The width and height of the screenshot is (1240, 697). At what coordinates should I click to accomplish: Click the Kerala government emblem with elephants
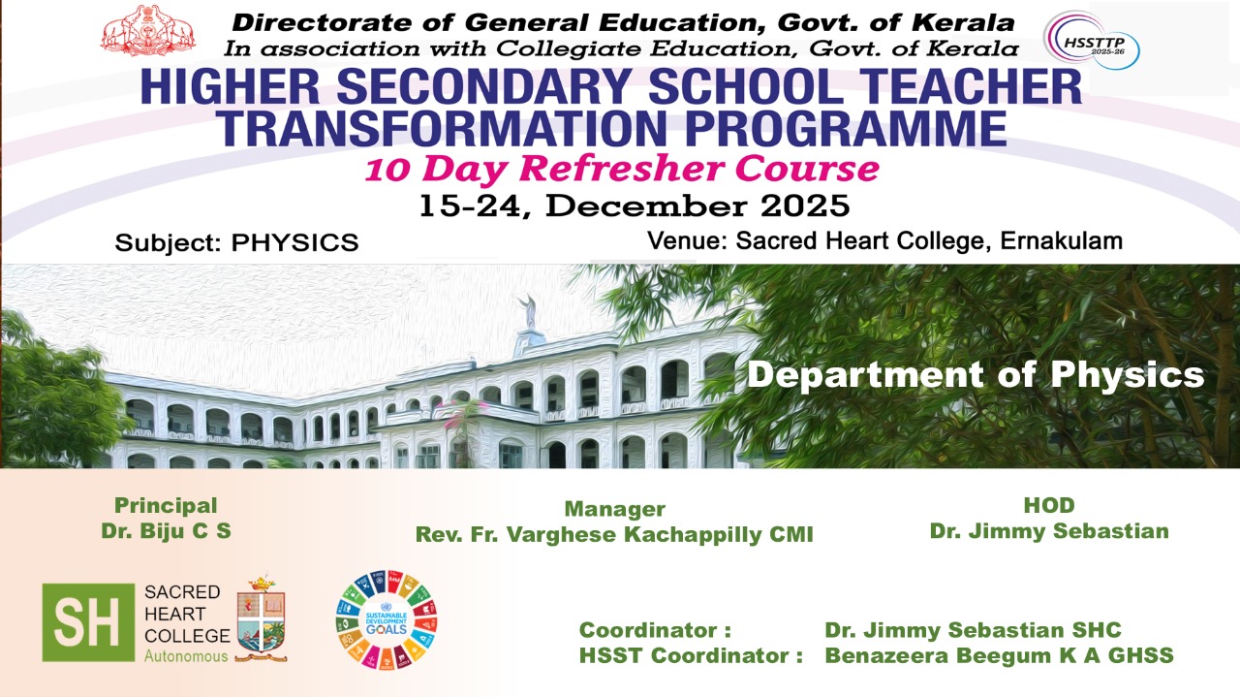pyautogui.click(x=148, y=30)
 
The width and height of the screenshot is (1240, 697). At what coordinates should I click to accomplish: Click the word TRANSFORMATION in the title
pyautogui.click(x=440, y=128)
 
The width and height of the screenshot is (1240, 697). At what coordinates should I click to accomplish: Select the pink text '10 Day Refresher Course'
pyautogui.click(x=622, y=169)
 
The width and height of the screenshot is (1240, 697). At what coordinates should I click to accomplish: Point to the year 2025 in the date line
pyautogui.click(x=805, y=206)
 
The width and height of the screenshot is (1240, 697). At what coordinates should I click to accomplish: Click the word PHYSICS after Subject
pyautogui.click(x=295, y=243)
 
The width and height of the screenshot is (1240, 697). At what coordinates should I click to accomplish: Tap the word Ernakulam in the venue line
pyautogui.click(x=1061, y=241)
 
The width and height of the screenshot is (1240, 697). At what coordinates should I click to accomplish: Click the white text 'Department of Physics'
pyautogui.click(x=976, y=374)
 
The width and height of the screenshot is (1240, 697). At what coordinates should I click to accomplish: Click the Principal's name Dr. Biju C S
pyautogui.click(x=166, y=531)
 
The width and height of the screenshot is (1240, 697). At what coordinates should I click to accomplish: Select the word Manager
pyautogui.click(x=614, y=509)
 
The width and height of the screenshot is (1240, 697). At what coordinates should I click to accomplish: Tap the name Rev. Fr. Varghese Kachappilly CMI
pyautogui.click(x=614, y=535)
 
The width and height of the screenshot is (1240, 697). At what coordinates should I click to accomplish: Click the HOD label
pyautogui.click(x=1049, y=505)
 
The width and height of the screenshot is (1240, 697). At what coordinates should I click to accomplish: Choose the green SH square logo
pyautogui.click(x=88, y=622)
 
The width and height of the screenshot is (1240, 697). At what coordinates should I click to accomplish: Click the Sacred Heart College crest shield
pyautogui.click(x=261, y=618)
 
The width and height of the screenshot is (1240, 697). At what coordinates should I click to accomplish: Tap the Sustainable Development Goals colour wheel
pyautogui.click(x=387, y=619)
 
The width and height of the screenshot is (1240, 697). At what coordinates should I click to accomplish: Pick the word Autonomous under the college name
pyautogui.click(x=186, y=656)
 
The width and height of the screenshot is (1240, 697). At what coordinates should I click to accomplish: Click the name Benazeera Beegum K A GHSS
pyautogui.click(x=999, y=655)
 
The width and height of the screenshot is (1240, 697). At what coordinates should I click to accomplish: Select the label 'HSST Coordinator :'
pyautogui.click(x=691, y=655)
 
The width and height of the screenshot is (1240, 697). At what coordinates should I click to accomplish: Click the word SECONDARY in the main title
pyautogui.click(x=483, y=86)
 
